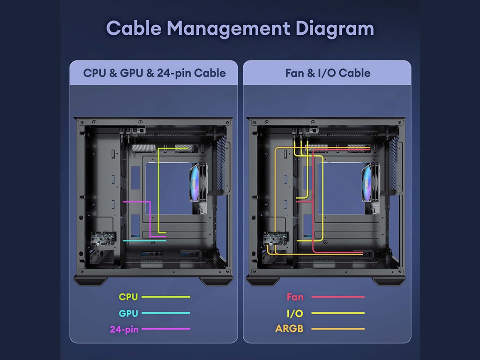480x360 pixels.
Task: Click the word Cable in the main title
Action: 134,28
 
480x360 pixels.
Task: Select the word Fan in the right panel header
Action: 295,73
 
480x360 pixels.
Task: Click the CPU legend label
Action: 128,297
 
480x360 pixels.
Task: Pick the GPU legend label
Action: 128,313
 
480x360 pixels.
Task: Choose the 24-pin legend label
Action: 124,330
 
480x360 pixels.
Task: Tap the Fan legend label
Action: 295,297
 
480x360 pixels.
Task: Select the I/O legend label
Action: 295,313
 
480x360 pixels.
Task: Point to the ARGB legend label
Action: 289,329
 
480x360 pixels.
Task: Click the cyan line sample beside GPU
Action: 166,313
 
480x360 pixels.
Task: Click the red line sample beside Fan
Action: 338,297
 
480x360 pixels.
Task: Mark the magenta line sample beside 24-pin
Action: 166,329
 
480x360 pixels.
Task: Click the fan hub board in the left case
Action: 103,238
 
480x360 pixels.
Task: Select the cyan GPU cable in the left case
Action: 144,240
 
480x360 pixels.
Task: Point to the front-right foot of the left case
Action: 216,281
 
